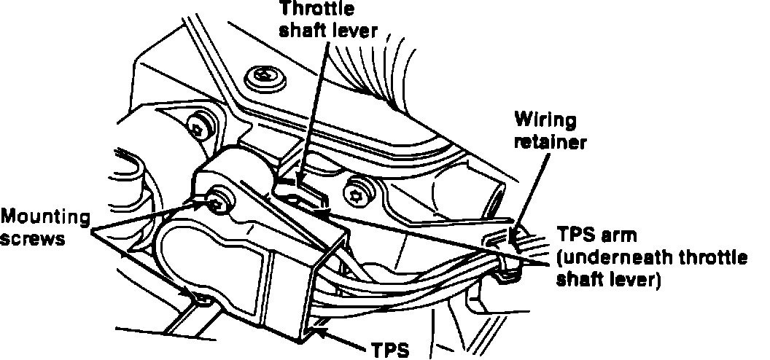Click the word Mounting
(45, 216)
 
